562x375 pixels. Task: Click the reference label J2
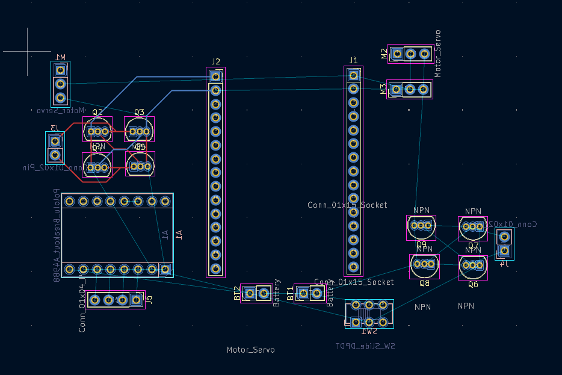(x=215, y=61)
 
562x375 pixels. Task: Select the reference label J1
(x=353, y=60)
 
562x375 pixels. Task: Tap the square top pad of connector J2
(x=215, y=76)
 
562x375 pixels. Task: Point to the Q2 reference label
(x=97, y=112)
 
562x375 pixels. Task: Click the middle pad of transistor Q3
(x=140, y=131)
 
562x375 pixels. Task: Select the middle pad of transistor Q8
(x=425, y=264)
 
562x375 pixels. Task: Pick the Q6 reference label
(x=473, y=284)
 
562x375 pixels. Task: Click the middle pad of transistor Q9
(x=421, y=226)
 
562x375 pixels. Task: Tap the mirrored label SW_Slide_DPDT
(x=365, y=346)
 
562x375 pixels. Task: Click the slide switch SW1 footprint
(x=369, y=314)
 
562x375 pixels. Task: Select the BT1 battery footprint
(x=310, y=294)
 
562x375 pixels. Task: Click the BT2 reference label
(x=238, y=294)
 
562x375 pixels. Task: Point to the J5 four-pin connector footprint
(x=116, y=299)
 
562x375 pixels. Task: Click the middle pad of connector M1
(x=60, y=84)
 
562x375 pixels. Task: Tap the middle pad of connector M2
(x=410, y=54)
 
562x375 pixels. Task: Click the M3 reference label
(x=383, y=90)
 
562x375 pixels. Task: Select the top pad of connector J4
(x=504, y=235)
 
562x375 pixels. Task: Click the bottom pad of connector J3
(x=55, y=155)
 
